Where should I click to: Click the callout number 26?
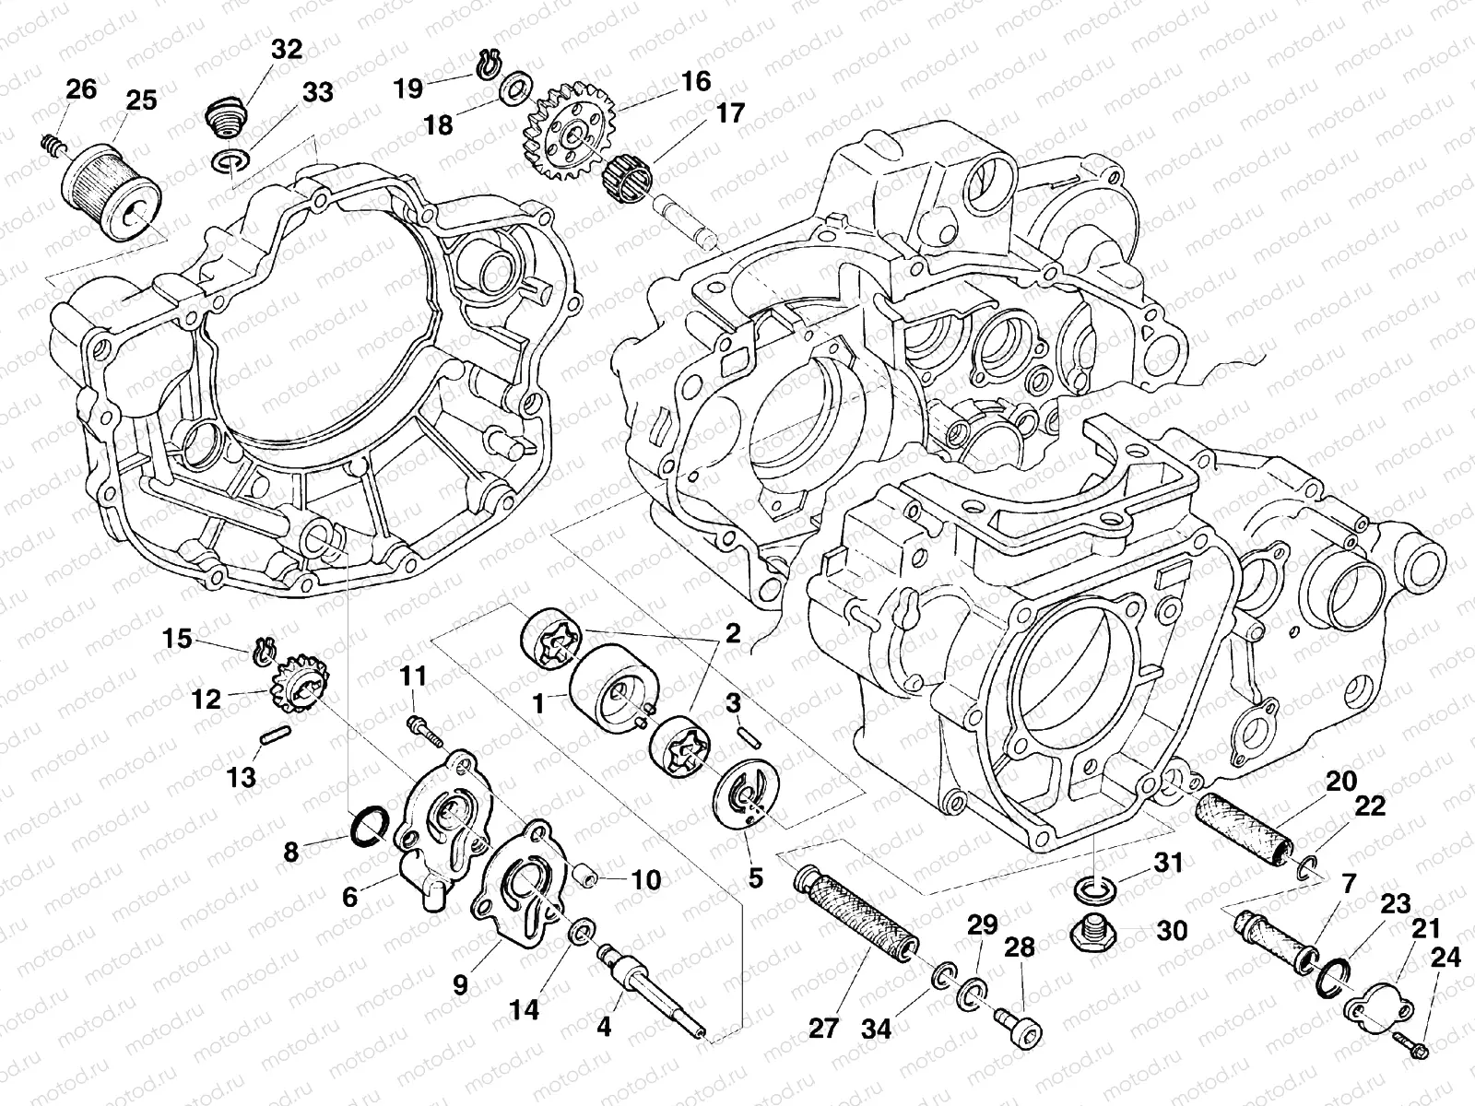pyautogui.click(x=80, y=89)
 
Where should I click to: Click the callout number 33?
pyautogui.click(x=317, y=93)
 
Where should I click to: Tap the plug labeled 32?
pyautogui.click(x=222, y=118)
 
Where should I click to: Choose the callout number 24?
pyautogui.click(x=1445, y=959)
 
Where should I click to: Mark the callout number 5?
pyautogui.click(x=755, y=878)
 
